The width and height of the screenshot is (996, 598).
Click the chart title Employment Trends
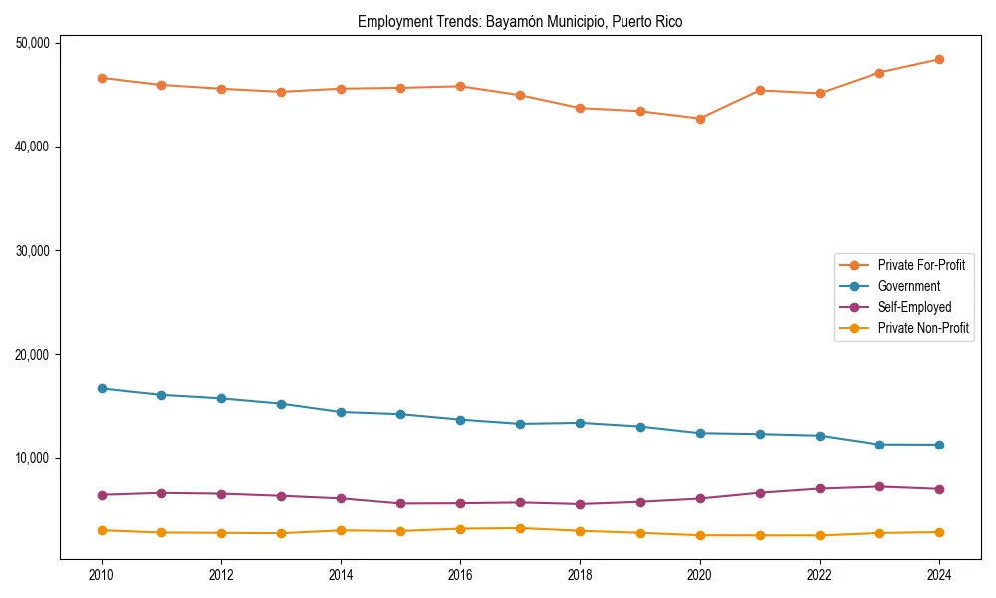(x=520, y=21)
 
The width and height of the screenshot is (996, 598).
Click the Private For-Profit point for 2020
(x=700, y=119)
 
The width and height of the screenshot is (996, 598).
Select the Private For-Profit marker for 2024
(x=939, y=59)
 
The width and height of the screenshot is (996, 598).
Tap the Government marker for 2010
(x=102, y=388)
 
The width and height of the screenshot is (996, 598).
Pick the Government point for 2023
(x=879, y=445)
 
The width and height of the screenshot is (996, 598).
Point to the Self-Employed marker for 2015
(x=400, y=503)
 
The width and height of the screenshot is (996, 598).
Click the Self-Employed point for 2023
(x=879, y=486)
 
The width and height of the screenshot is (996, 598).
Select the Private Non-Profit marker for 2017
(x=520, y=528)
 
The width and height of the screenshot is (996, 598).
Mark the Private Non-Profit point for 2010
(x=102, y=530)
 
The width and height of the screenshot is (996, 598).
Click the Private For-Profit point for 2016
(x=460, y=86)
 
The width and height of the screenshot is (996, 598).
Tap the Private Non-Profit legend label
(x=923, y=328)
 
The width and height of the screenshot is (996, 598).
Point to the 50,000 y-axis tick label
(x=35, y=43)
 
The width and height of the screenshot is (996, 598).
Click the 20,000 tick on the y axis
(x=35, y=355)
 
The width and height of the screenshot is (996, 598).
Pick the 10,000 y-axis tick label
(x=35, y=458)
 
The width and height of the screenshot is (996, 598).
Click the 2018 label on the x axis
(x=580, y=575)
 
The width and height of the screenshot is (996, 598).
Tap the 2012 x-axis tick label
(x=221, y=575)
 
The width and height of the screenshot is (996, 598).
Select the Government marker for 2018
(x=580, y=423)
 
